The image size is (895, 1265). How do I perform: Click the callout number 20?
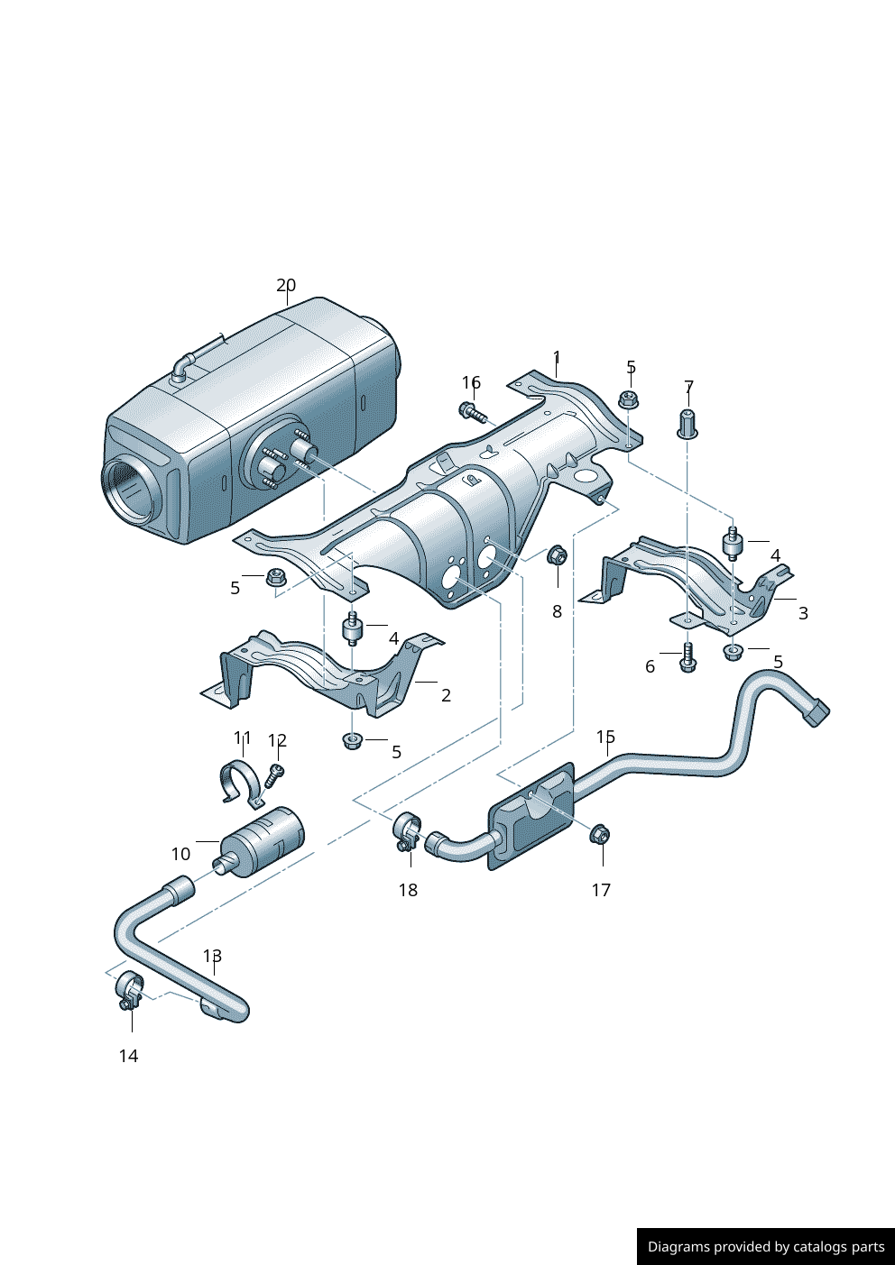click(285, 285)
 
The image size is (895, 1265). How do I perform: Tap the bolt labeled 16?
click(472, 413)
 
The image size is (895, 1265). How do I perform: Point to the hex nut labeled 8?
click(557, 555)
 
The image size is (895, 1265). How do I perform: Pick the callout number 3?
click(803, 613)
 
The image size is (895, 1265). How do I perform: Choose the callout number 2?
click(446, 695)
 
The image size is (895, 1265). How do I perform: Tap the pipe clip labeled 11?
click(242, 781)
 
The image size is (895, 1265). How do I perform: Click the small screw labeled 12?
click(275, 773)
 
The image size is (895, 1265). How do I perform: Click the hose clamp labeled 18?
click(408, 831)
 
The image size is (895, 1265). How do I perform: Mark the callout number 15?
click(605, 738)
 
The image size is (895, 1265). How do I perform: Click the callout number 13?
click(212, 956)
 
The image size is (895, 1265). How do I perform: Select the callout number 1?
click(557, 357)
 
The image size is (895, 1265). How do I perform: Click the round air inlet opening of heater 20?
click(130, 490)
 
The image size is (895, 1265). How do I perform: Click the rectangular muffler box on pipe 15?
click(531, 816)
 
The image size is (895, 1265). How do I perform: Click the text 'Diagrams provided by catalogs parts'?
click(765, 1247)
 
